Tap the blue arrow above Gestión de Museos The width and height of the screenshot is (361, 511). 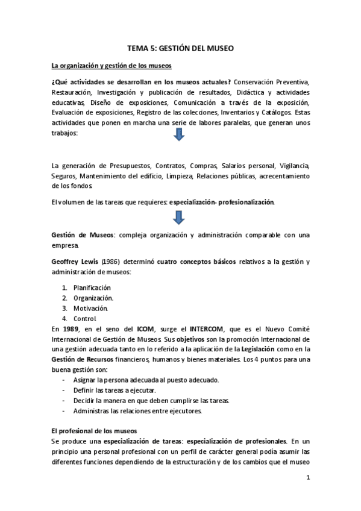pos(178,218)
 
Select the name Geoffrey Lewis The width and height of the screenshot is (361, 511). pos(74,262)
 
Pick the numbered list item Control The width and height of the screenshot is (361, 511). pos(85,318)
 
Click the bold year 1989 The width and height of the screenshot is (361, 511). pos(69,328)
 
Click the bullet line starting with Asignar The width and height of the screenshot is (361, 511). pos(146,380)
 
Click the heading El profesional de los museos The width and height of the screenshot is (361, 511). pos(95,431)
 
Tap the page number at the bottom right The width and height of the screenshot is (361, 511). pos(307,479)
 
